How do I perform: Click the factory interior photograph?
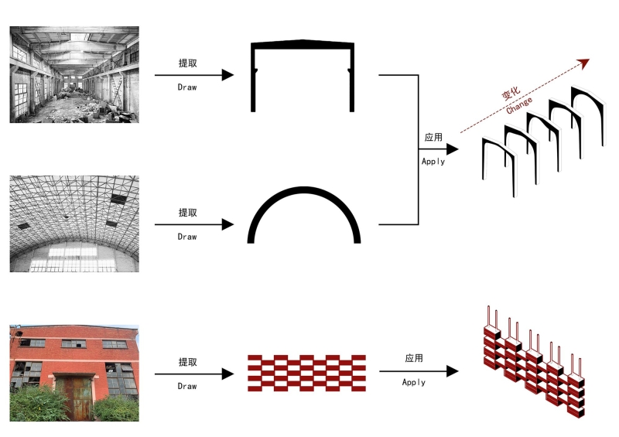pyautogui.click(x=74, y=74)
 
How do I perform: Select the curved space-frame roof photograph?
pyautogui.click(x=74, y=224)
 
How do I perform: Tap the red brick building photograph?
pyautogui.click(x=74, y=373)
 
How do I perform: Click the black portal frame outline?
pyautogui.click(x=303, y=76)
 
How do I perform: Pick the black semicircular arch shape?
pyautogui.click(x=304, y=215)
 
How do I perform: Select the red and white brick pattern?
pyautogui.click(x=306, y=373)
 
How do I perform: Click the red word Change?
pyautogui.click(x=519, y=105)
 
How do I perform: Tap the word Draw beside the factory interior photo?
pyautogui.click(x=187, y=87)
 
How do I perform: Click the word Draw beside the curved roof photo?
pyautogui.click(x=187, y=237)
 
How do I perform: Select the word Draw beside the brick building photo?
pyautogui.click(x=187, y=386)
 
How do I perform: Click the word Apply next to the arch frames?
pyautogui.click(x=433, y=162)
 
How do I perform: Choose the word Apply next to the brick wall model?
pyautogui.click(x=414, y=382)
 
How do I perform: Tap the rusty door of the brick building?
pyautogui.click(x=74, y=398)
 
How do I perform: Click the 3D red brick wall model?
pyautogui.click(x=534, y=361)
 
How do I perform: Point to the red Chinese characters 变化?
pyautogui.click(x=511, y=94)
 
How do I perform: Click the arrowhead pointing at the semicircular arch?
pyautogui.click(x=227, y=224)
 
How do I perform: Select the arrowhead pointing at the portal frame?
pyautogui.click(x=227, y=74)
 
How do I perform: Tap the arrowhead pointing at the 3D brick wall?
pyautogui.click(x=453, y=371)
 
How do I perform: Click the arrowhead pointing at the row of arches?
pyautogui.click(x=453, y=149)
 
